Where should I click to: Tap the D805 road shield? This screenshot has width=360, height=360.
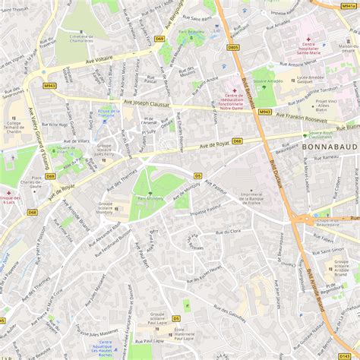(x=233, y=47)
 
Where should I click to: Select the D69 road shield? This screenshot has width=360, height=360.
(x=159, y=38)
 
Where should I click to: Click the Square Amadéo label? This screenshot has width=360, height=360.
(x=267, y=79)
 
